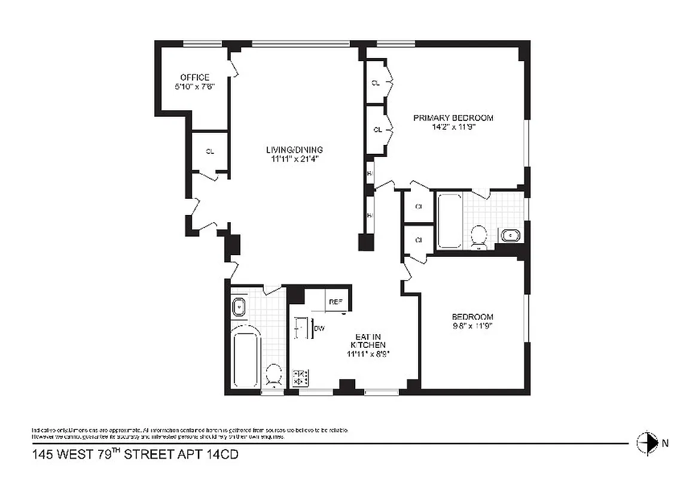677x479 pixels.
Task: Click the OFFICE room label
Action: (x=195, y=77)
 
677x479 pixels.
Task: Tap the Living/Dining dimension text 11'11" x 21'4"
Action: (x=294, y=159)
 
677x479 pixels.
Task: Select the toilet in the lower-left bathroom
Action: (x=274, y=375)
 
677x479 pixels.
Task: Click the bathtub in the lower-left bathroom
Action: (x=245, y=357)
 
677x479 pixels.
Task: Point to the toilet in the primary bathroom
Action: (x=479, y=236)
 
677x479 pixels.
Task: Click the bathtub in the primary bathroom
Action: (x=450, y=220)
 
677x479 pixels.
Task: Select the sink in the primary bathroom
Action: (x=510, y=235)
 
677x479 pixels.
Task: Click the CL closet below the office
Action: (x=209, y=152)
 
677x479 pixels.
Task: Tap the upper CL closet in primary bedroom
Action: (x=376, y=83)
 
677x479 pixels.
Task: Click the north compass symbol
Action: (x=646, y=443)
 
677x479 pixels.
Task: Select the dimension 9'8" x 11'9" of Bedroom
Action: (x=472, y=326)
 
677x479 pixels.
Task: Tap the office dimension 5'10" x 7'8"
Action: (x=195, y=86)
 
